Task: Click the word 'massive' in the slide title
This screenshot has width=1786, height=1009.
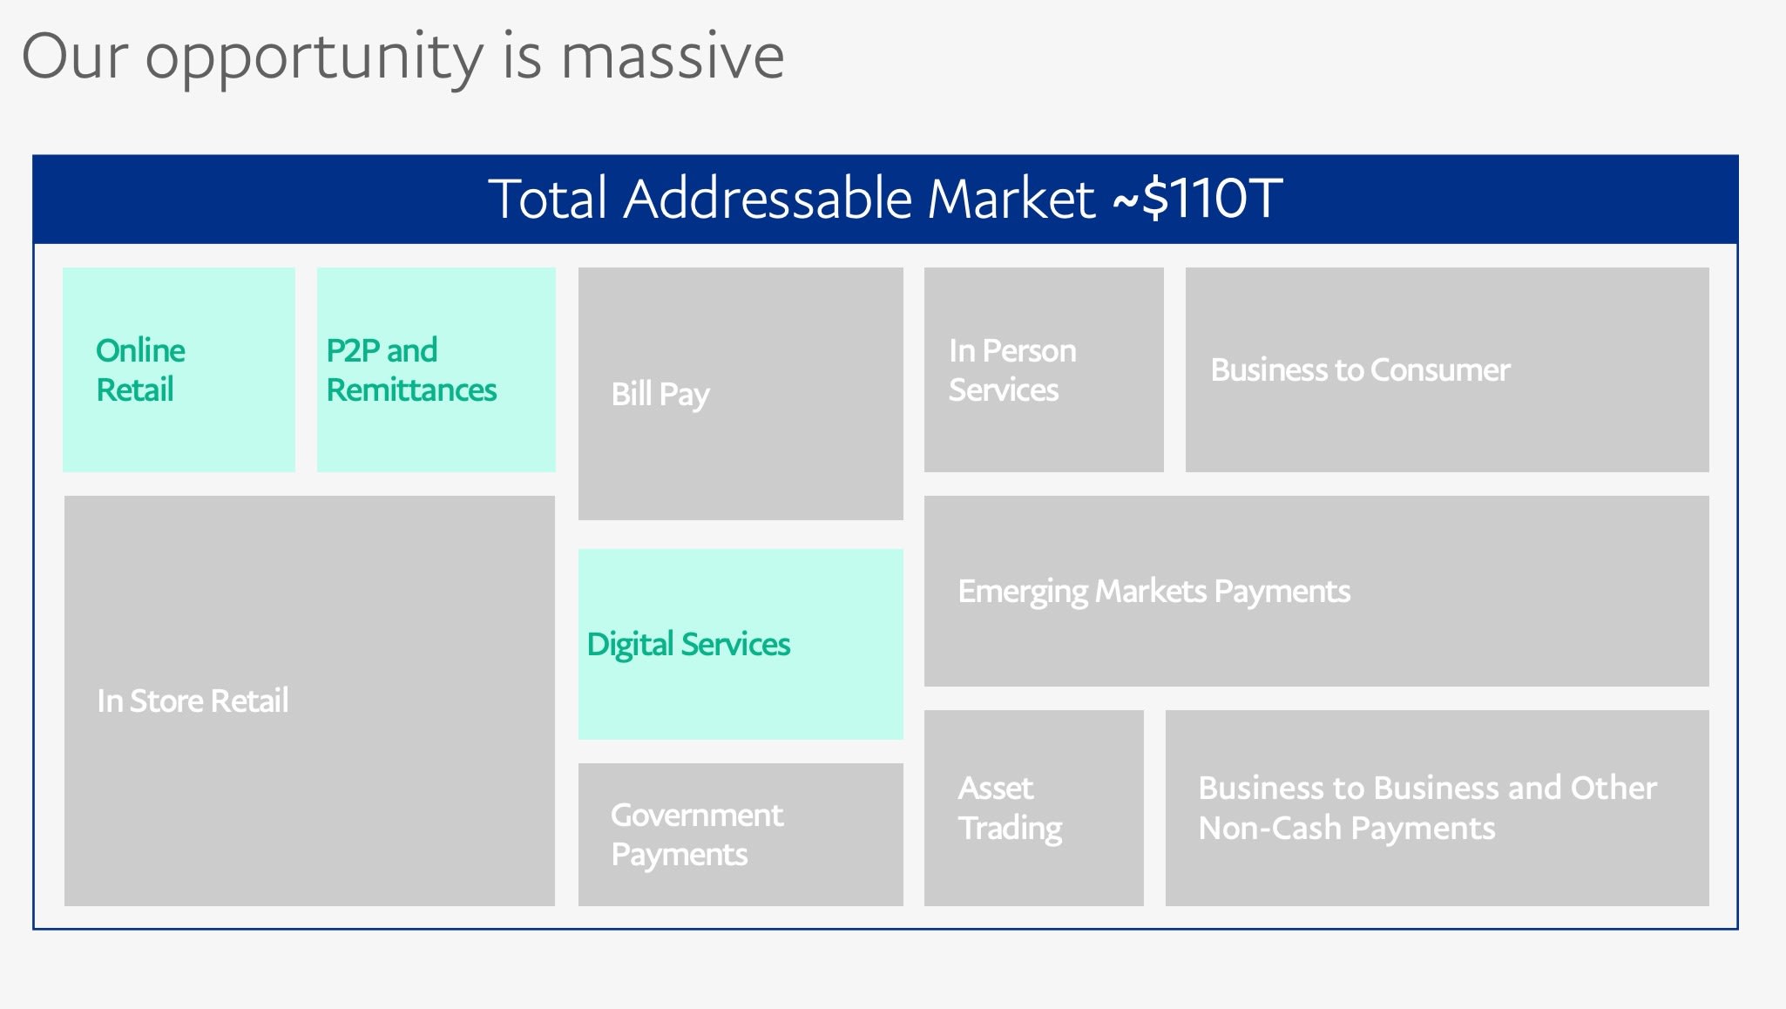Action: [672, 56]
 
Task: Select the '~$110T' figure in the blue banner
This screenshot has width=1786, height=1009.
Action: [1197, 198]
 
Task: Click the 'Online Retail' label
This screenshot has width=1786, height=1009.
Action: [140, 369]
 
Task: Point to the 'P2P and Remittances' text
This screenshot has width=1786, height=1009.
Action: [411, 369]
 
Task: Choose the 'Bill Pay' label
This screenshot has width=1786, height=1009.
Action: [660, 395]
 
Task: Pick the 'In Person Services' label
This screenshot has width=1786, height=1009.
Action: [1012, 369]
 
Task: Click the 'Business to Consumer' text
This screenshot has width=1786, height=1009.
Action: [1361, 369]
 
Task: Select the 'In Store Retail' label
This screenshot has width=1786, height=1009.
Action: [193, 701]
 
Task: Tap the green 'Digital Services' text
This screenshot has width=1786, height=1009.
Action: [688, 645]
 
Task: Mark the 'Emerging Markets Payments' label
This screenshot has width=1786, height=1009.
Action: [1154, 592]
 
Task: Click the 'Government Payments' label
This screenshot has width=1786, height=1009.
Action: [697, 834]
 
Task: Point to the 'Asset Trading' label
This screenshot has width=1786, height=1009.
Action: [1011, 808]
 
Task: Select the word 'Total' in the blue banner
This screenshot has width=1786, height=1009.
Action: [547, 198]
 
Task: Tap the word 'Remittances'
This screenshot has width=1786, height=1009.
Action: [411, 389]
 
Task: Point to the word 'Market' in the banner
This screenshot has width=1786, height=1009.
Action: [1011, 198]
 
